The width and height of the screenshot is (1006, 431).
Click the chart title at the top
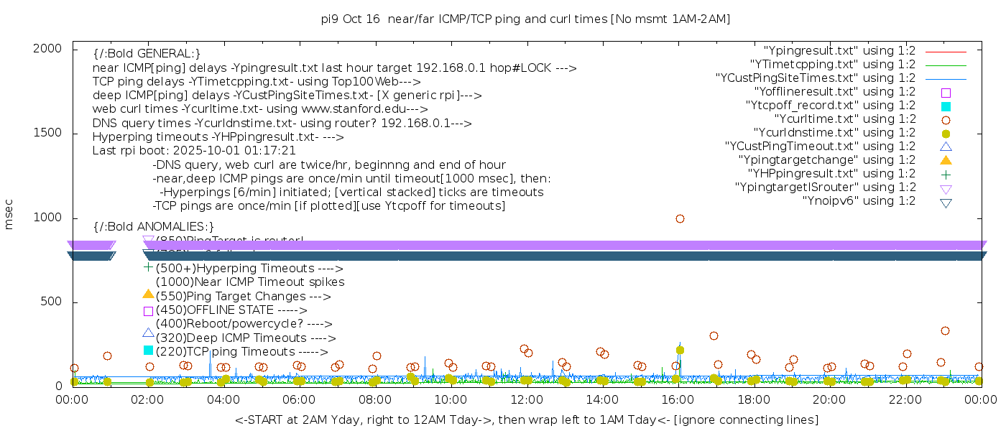(x=525, y=19)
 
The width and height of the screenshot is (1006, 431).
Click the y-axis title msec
(x=9, y=215)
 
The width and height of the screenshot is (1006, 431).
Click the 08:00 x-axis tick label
(x=375, y=399)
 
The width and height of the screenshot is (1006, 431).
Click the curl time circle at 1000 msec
(x=680, y=218)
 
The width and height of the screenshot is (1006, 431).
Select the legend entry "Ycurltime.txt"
(x=844, y=119)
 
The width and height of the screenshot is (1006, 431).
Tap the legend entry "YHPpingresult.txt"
(x=832, y=174)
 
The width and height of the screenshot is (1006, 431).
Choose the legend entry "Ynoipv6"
(x=859, y=201)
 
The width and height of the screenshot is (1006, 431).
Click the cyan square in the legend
(x=946, y=106)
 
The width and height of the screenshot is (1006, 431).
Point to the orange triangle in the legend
(x=946, y=159)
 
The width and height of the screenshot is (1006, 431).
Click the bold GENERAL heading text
(x=147, y=54)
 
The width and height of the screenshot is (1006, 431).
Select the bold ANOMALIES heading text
(x=154, y=227)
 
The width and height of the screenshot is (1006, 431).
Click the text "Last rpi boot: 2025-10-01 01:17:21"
(x=194, y=151)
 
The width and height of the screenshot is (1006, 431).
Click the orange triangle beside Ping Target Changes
(x=148, y=294)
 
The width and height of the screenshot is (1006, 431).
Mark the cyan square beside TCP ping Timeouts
(x=148, y=350)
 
